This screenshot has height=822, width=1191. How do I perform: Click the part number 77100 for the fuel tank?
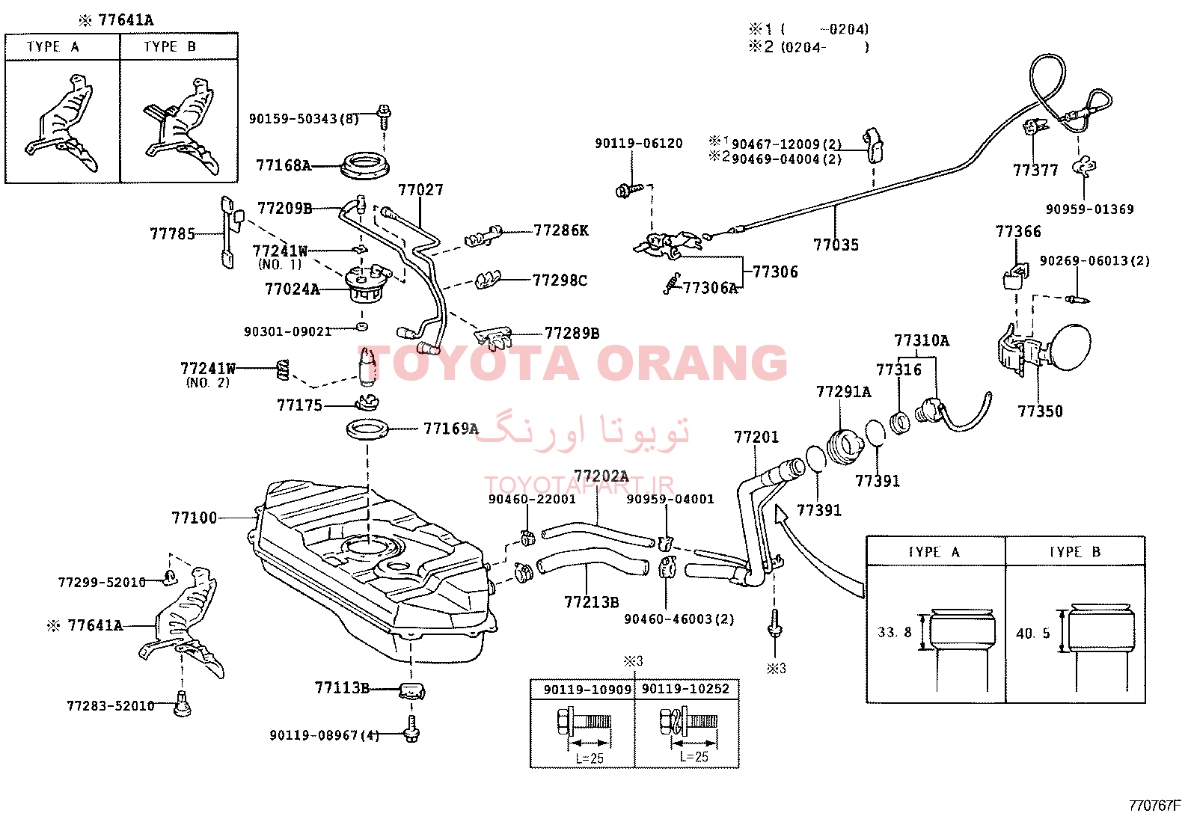pos(194,518)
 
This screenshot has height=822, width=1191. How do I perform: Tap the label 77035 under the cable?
pos(836,245)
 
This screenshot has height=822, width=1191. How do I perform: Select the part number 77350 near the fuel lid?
pos(1040,411)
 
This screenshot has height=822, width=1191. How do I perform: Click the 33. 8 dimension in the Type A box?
pos(894,632)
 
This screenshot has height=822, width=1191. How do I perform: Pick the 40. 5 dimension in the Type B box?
pos(1033,634)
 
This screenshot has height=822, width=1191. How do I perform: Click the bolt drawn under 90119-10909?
pos(584,722)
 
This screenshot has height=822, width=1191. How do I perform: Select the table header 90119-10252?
pos(685,689)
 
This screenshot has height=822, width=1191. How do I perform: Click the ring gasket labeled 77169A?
pos(367,429)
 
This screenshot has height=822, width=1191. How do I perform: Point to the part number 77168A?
pos(284,165)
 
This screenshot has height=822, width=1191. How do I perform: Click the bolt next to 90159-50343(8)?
pos(383,117)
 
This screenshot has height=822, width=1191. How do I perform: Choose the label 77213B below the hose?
pos(591,602)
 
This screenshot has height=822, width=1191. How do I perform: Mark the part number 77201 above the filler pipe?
pos(756,437)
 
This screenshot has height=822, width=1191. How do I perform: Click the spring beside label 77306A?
pos(672,283)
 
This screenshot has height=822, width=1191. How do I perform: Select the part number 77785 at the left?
pos(172,234)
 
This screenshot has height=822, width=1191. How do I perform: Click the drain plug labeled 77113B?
pos(411,690)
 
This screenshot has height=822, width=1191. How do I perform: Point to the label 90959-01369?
pos(1090,209)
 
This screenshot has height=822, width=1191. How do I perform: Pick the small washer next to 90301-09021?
pos(361,326)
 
